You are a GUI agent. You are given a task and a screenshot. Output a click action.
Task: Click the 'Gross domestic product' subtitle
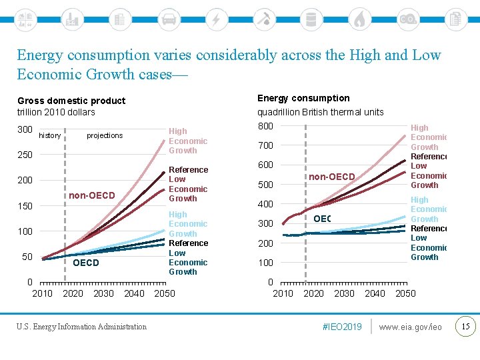click(71, 101)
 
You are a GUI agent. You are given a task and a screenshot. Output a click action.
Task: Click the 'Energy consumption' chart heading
click(303, 98)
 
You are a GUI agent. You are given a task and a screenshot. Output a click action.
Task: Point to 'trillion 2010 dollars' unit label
click(56, 112)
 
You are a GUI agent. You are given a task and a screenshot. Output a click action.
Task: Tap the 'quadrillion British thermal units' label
click(321, 112)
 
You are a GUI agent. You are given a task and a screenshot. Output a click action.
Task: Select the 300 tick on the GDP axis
click(25, 129)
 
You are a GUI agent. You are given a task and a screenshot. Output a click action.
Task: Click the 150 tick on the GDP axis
click(25, 206)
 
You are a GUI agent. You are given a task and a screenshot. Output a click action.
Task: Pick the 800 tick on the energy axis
click(266, 126)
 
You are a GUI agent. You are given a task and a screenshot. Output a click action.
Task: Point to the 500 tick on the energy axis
click(266, 185)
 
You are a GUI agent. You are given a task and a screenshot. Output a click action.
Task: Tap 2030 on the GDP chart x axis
click(103, 293)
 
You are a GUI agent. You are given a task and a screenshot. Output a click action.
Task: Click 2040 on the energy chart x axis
click(375, 293)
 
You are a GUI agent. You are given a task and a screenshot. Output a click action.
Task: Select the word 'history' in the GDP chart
click(50, 135)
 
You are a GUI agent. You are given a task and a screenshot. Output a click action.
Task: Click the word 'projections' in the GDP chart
click(105, 135)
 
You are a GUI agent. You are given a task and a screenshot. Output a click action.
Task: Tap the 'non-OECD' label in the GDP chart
click(92, 195)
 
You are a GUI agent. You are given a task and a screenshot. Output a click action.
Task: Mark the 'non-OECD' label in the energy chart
click(331, 177)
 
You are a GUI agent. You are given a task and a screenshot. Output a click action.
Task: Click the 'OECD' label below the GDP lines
click(85, 263)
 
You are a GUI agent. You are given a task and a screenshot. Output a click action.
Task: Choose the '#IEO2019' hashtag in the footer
click(343, 327)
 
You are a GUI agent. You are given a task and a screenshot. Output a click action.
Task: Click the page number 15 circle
click(465, 326)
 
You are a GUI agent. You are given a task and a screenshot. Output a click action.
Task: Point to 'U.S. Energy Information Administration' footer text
click(81, 327)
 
